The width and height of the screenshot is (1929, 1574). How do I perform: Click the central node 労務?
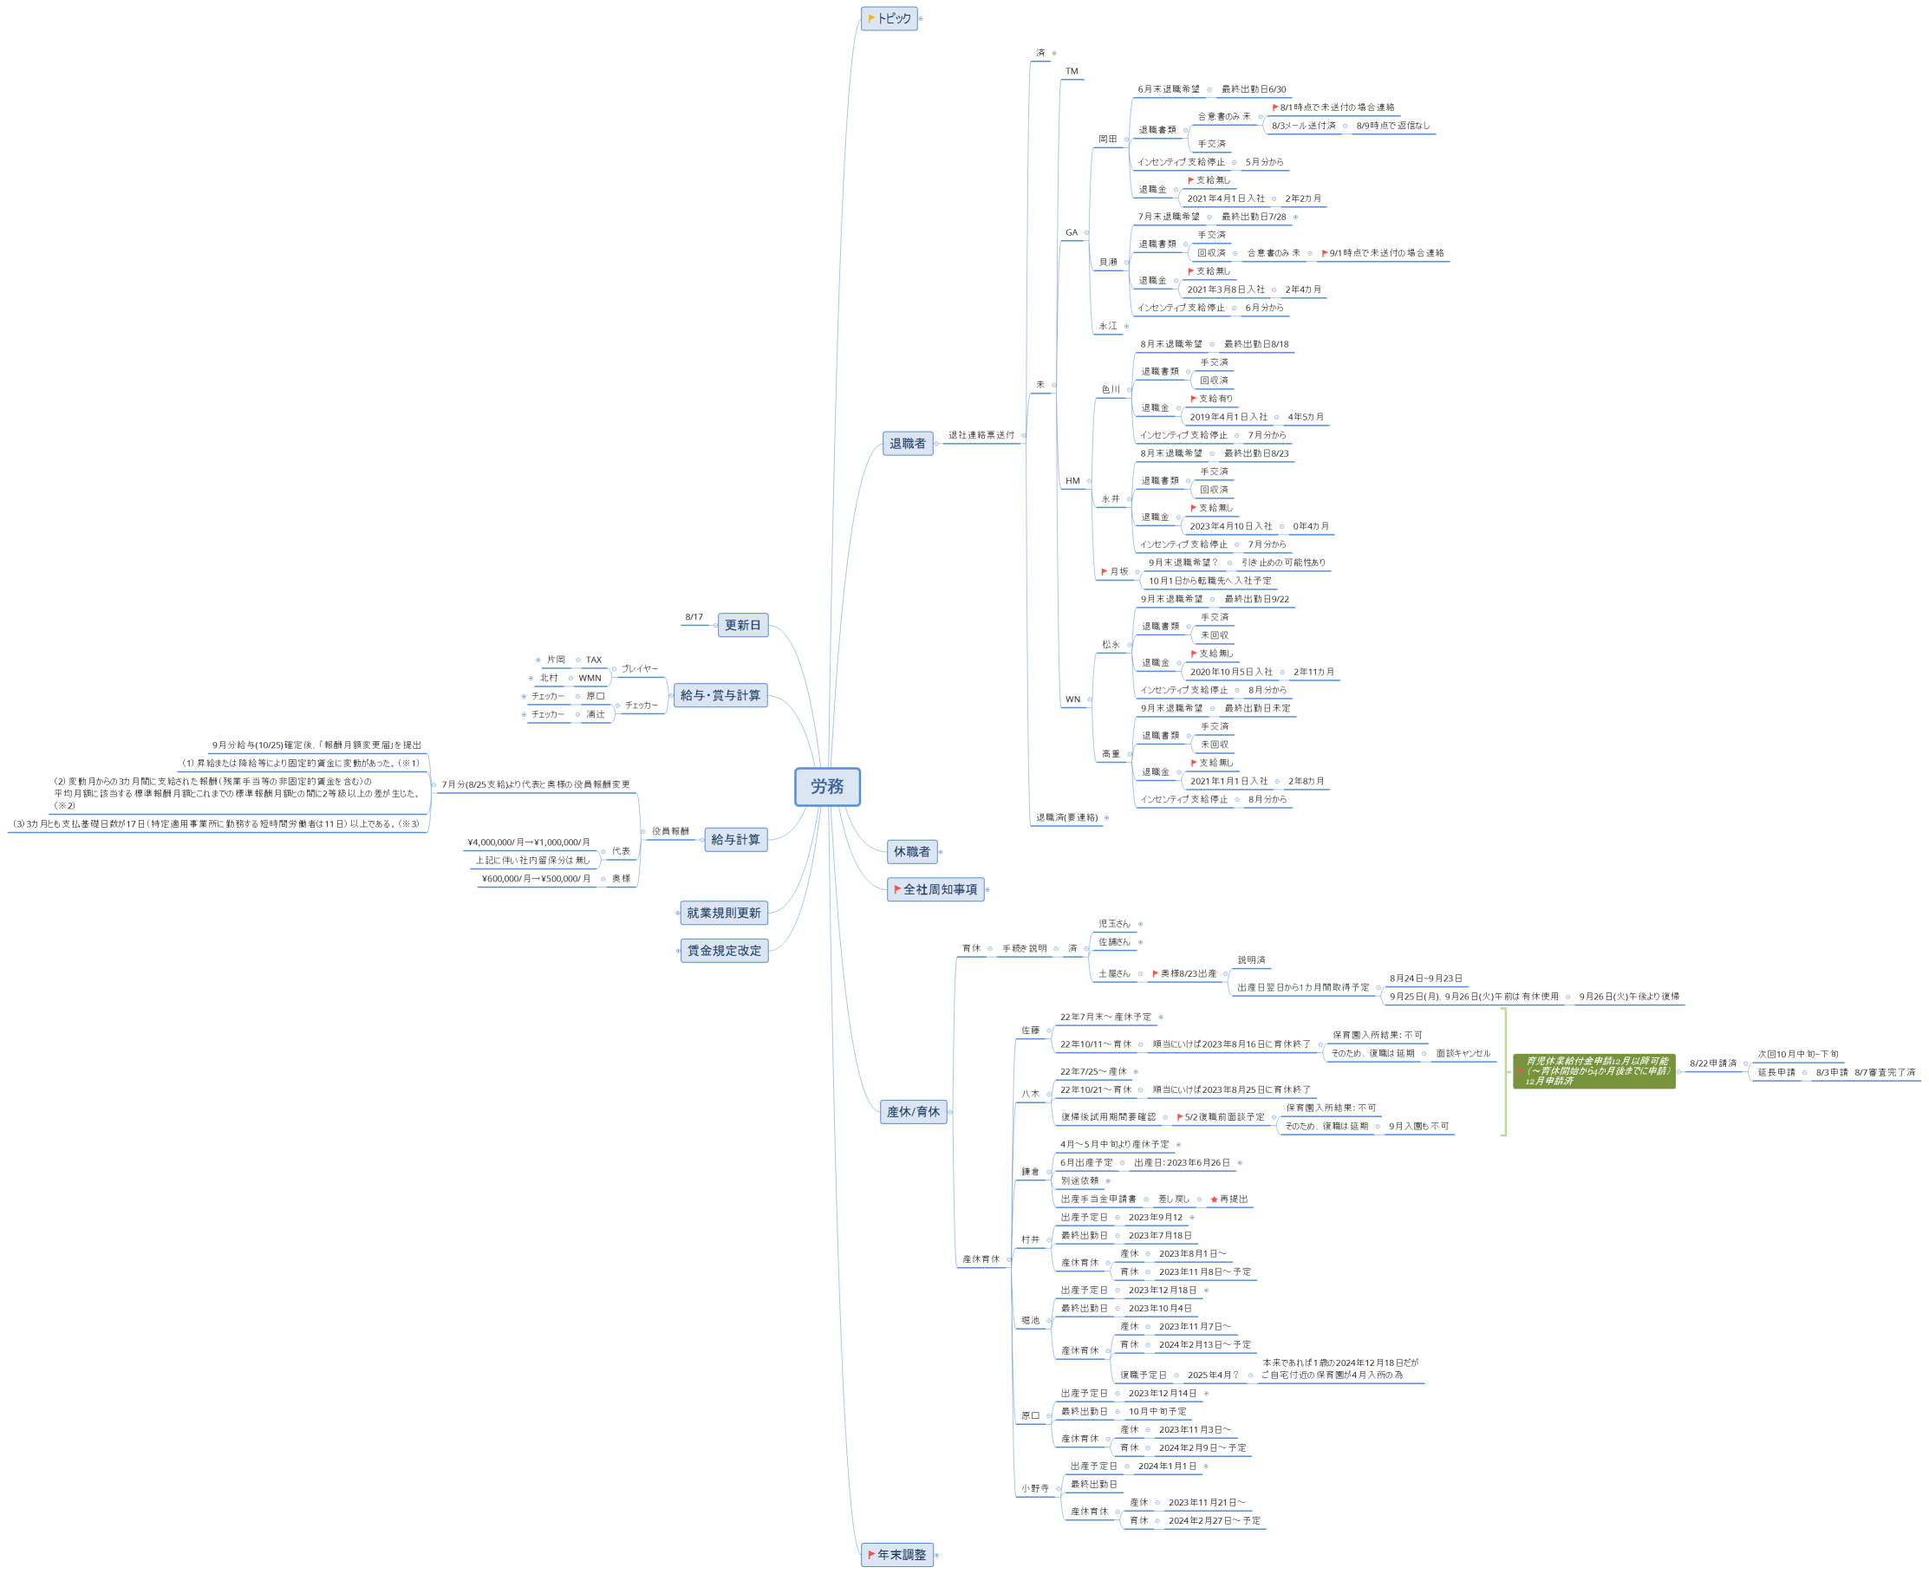(x=826, y=786)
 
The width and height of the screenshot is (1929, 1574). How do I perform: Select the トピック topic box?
(x=889, y=18)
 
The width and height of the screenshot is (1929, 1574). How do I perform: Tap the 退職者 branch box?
(x=907, y=444)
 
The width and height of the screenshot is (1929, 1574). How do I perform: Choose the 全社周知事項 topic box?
(x=935, y=889)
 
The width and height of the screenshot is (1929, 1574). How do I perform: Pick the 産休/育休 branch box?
(x=912, y=1111)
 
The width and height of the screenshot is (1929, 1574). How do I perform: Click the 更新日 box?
(x=742, y=625)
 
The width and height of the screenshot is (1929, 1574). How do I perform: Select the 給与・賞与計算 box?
(x=720, y=695)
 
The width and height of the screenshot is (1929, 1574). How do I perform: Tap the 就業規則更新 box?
(x=723, y=913)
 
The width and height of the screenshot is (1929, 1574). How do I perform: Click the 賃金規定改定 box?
(x=724, y=950)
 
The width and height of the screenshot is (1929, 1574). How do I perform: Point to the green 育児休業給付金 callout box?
(x=1593, y=1070)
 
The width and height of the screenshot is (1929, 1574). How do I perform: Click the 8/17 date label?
(x=694, y=617)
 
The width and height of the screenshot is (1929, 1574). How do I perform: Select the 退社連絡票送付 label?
(x=981, y=435)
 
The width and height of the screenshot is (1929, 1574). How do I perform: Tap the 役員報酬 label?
(x=670, y=831)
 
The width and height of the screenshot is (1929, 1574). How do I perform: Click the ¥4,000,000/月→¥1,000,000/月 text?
(x=528, y=842)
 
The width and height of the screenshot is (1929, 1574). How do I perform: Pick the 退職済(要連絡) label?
(x=1066, y=818)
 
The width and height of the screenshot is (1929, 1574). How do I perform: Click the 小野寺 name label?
(x=1034, y=1488)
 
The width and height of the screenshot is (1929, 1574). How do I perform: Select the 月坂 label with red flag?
(x=1117, y=572)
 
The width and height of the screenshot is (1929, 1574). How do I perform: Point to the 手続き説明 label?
(x=1024, y=948)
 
